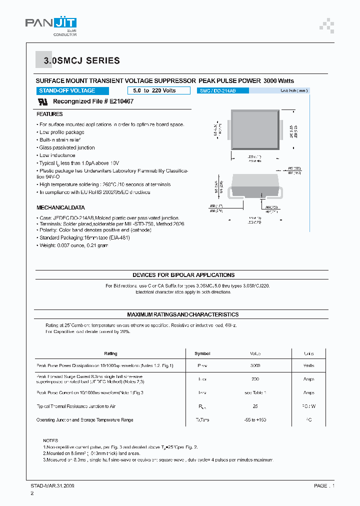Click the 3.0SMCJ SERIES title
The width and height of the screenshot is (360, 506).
click(81, 61)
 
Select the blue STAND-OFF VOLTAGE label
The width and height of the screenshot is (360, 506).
click(67, 90)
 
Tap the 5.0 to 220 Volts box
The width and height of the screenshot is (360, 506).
click(158, 90)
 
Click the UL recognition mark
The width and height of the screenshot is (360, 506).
click(43, 101)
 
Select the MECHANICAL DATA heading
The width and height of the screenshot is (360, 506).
click(60, 207)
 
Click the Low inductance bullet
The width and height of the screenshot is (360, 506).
click(56, 155)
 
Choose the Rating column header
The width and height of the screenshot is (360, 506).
click(110, 353)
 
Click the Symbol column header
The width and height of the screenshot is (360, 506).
click(202, 353)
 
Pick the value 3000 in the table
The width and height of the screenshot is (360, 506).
click(255, 366)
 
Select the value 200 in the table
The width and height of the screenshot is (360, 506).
click(255, 379)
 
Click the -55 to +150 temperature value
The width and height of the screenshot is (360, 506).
click(255, 420)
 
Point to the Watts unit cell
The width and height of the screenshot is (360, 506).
click(308, 366)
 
